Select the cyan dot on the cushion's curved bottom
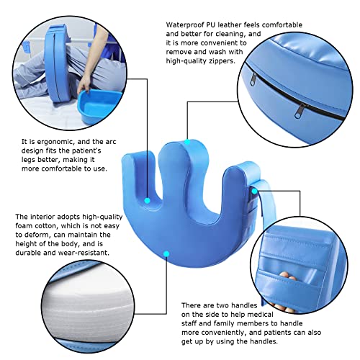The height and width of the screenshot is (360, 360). (168, 253)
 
